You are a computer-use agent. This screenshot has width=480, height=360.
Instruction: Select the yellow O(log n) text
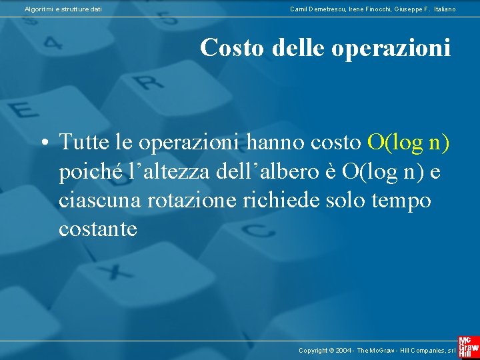[x=408, y=141]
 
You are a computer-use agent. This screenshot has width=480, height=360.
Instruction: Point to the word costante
[x=97, y=229]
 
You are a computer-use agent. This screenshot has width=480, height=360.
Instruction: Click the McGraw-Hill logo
[x=468, y=342]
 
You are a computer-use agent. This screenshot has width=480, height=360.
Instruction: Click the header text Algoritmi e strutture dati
[x=63, y=9]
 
